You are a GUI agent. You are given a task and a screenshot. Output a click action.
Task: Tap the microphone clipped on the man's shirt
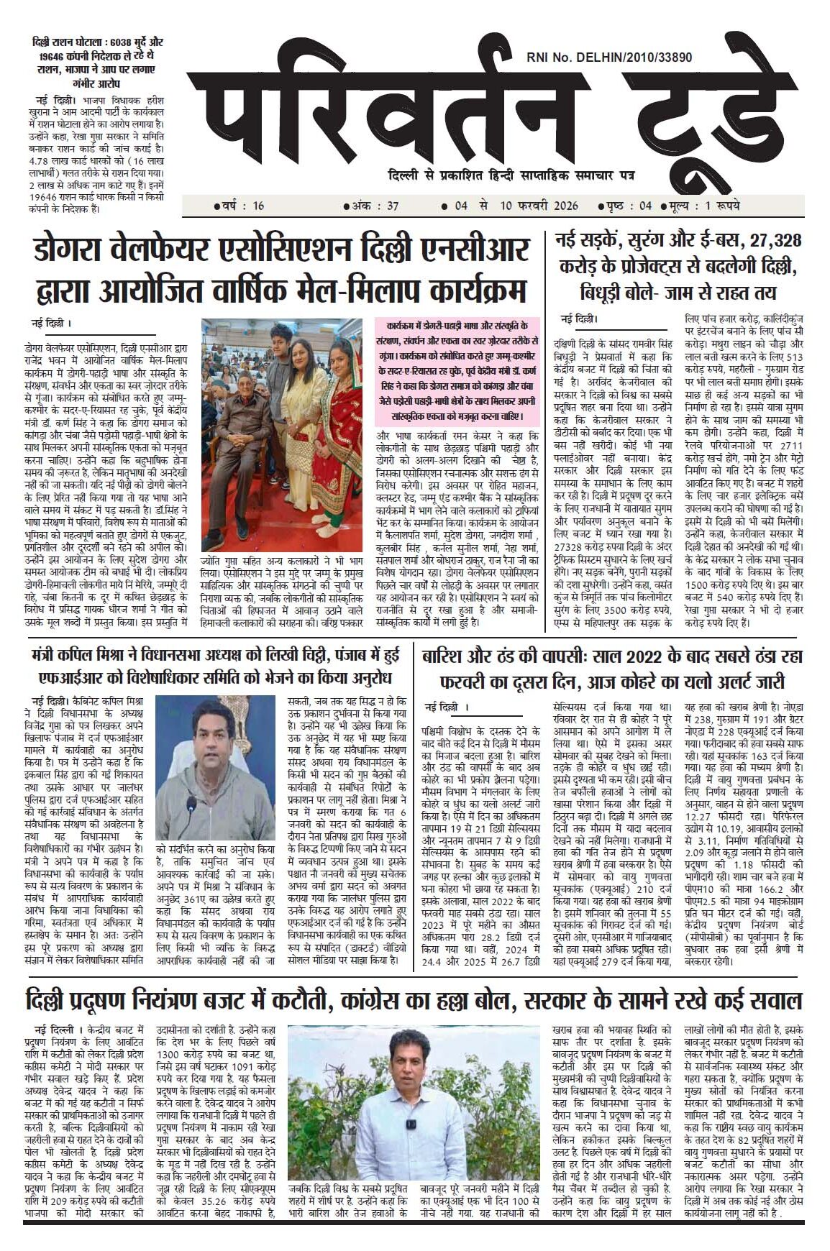coord(411,1123)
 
